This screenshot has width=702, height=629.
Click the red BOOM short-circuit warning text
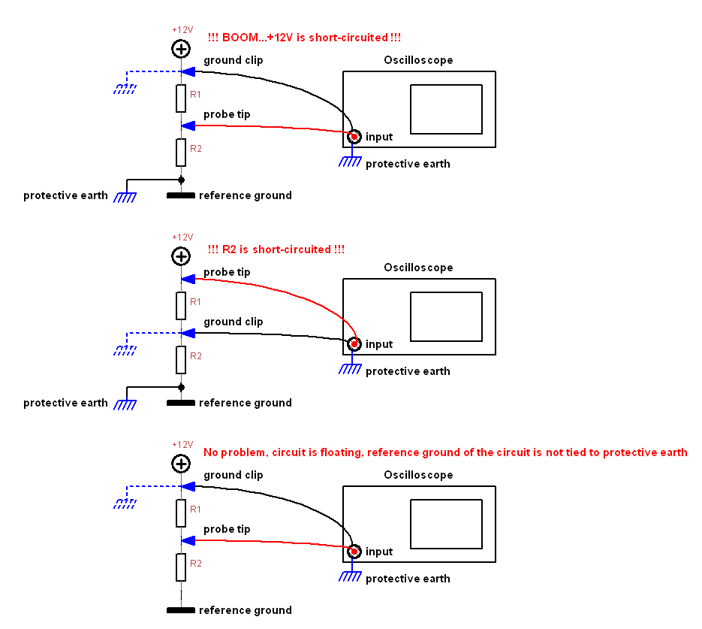tap(309, 38)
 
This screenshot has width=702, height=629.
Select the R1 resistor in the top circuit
tap(181, 98)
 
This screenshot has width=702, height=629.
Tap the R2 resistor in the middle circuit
tap(181, 359)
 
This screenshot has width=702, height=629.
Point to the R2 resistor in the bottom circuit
tap(181, 567)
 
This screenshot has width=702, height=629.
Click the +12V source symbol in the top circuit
tap(181, 50)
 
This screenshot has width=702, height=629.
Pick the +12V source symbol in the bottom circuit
tap(181, 464)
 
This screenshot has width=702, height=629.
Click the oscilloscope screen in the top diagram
tap(446, 110)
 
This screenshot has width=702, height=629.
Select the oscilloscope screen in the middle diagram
tap(446, 317)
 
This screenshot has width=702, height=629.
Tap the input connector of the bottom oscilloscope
tap(354, 551)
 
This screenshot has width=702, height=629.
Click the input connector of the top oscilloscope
tap(354, 136)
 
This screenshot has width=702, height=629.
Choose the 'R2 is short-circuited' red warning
tap(276, 249)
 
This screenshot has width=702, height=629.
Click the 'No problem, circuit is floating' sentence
tap(445, 452)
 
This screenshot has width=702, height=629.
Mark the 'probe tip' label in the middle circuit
tap(227, 272)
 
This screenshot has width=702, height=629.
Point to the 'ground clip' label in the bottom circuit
tap(233, 475)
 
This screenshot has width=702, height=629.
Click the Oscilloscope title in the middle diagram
tap(418, 268)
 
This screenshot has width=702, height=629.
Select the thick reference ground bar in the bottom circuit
tap(181, 610)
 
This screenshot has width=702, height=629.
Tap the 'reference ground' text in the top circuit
tap(245, 195)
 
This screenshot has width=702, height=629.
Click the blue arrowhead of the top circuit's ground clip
tap(188, 71)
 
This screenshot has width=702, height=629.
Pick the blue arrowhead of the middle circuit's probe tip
tap(188, 279)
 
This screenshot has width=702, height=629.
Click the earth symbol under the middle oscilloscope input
tap(350, 369)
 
